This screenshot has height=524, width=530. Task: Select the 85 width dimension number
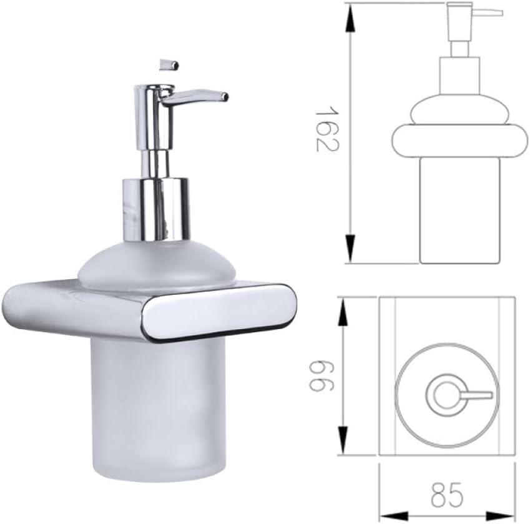pos(447,496)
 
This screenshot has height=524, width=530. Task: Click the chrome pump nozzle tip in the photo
pos(223,96)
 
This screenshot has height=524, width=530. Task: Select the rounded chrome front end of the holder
pos(218,312)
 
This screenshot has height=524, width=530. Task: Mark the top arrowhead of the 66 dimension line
pos(343,310)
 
